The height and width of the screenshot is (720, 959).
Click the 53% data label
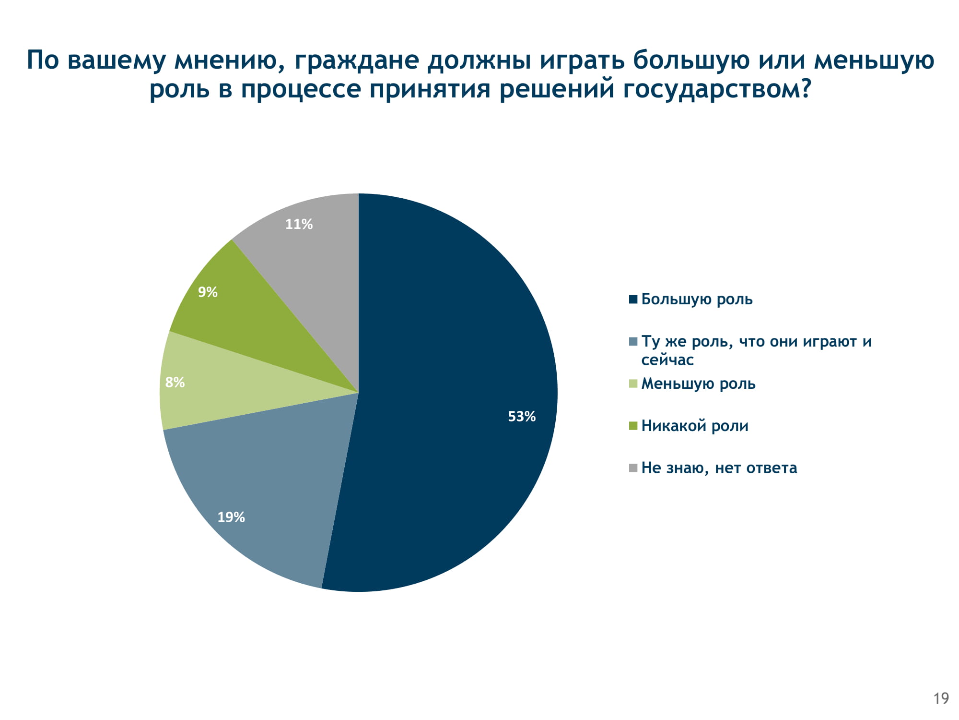(522, 416)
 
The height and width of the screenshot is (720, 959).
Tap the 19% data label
(231, 517)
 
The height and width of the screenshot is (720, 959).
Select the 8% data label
(175, 382)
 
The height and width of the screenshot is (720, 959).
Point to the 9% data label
(208, 292)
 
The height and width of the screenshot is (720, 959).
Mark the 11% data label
(299, 224)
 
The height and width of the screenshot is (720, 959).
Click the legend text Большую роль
(697, 300)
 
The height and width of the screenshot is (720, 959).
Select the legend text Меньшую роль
(698, 384)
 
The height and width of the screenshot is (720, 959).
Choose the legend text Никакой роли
(695, 426)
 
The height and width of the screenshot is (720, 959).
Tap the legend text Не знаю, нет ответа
(719, 468)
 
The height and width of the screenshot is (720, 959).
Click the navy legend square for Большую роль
(633, 300)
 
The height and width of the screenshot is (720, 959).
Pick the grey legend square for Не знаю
(633, 468)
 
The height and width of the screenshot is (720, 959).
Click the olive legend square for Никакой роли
(633, 426)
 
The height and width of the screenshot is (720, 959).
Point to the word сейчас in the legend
(667, 360)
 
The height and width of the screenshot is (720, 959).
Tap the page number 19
(941, 698)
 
